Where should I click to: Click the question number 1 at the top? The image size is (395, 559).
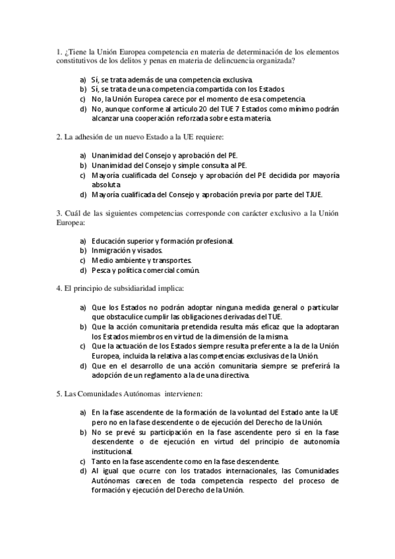click(x=59, y=51)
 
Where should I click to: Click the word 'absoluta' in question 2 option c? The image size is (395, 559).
click(x=106, y=185)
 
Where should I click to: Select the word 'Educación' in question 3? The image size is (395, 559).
click(x=111, y=241)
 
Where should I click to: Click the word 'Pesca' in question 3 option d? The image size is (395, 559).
click(x=102, y=270)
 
